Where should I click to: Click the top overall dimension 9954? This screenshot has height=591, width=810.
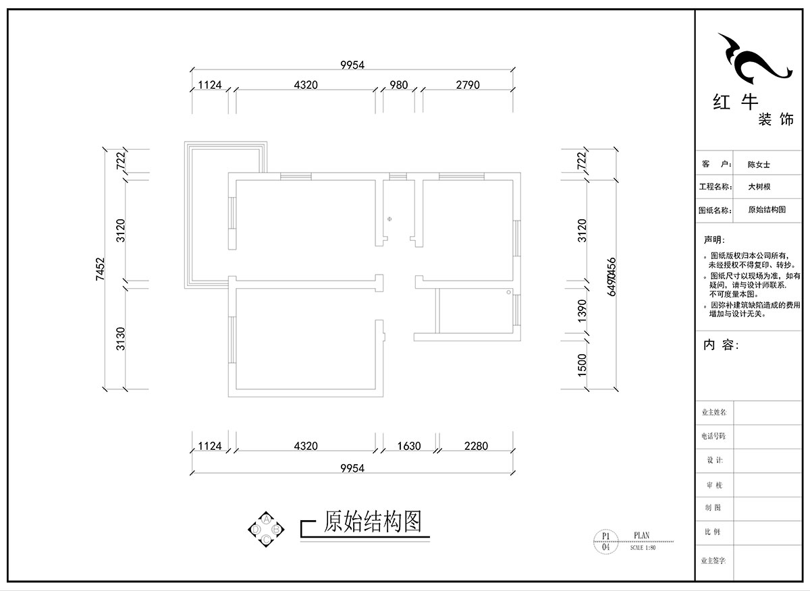pyautogui.click(x=352, y=65)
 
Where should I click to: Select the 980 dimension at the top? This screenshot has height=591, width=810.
pyautogui.click(x=399, y=85)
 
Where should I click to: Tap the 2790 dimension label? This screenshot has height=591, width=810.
pyautogui.click(x=467, y=85)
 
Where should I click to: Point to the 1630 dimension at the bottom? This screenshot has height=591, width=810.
pyautogui.click(x=408, y=446)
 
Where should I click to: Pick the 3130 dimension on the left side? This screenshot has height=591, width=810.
pyautogui.click(x=121, y=339)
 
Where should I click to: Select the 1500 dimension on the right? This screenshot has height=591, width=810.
pyautogui.click(x=583, y=365)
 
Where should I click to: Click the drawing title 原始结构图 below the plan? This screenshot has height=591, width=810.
pyautogui.click(x=373, y=522)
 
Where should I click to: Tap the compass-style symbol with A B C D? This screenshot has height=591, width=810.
pyautogui.click(x=267, y=529)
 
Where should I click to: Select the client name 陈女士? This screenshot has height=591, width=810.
pyautogui.click(x=759, y=164)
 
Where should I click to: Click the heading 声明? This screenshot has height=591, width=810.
pyautogui.click(x=713, y=240)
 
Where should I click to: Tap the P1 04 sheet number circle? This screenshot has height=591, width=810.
pyautogui.click(x=605, y=542)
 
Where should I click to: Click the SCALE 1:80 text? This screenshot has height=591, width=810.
pyautogui.click(x=643, y=548)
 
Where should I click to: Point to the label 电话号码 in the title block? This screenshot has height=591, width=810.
pyautogui.click(x=713, y=436)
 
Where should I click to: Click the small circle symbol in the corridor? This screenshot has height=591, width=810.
pyautogui.click(x=389, y=219)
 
